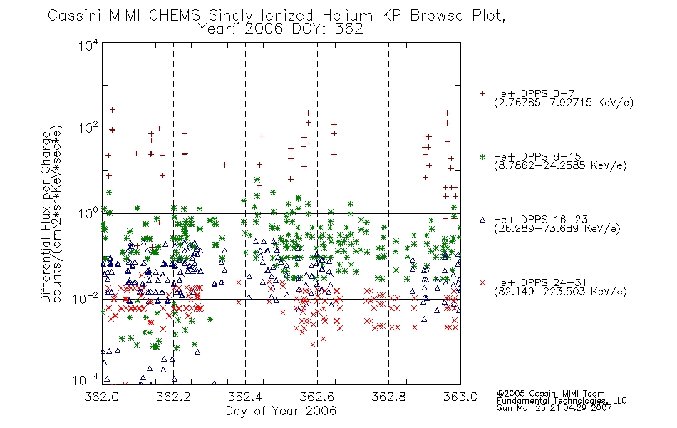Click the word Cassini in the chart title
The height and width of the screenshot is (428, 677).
pos(74,16)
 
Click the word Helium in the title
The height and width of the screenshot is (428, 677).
pos(347,16)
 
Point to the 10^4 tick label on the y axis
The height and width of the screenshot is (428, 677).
pos(88,45)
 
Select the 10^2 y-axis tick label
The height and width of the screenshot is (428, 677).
pos(88,128)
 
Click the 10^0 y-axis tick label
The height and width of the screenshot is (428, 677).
pos(88,213)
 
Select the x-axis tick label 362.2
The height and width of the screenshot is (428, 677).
pos(173,397)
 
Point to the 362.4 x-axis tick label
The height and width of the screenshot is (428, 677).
pos(245,397)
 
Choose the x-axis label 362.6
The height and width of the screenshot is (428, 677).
pos(317,397)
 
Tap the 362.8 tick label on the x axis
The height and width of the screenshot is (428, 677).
pos(388,397)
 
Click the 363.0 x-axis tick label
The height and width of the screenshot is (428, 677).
pos(460,397)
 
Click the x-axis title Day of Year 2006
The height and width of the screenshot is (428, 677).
pos(281,411)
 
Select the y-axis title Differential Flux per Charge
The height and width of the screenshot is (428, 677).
pos(46,217)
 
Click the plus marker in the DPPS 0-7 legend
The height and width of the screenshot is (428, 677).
pos(482,93)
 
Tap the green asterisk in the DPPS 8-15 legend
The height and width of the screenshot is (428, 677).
pos(482,157)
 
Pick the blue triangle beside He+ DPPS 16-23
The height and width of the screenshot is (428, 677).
pos(482,220)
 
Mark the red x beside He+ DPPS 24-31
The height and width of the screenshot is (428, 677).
pos(482,282)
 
